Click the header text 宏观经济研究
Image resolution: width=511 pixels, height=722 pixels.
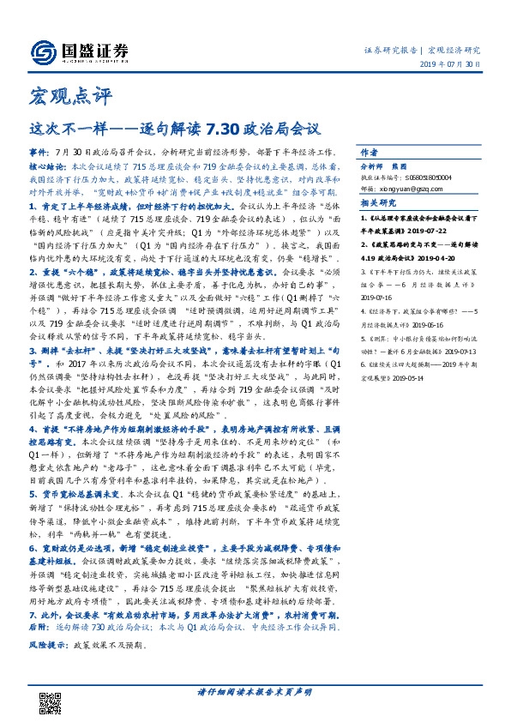pos(454,50)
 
